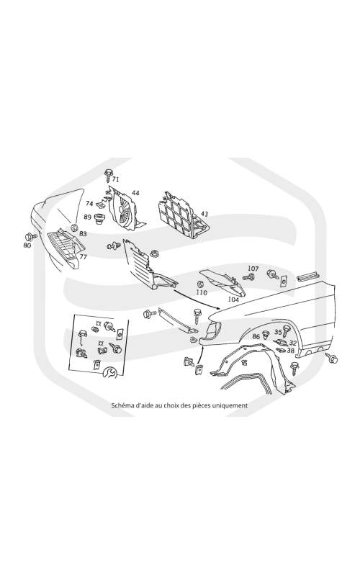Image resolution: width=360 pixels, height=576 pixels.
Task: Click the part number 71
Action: coord(116,179)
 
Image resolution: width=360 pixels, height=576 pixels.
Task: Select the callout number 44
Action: coord(135,193)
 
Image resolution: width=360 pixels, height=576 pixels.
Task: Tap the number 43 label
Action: coord(204,214)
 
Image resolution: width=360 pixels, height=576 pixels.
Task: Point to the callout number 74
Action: coord(89,204)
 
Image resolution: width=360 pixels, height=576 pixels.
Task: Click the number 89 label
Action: coord(87,217)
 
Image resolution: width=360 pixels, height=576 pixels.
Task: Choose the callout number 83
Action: coord(83,233)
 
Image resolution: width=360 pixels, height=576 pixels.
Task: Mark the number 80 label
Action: coord(27,246)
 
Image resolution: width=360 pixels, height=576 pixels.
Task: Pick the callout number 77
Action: coord(84,257)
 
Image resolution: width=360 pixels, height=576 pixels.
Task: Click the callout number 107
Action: coord(253,269)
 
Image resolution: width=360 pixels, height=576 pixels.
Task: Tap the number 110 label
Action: coord(202,293)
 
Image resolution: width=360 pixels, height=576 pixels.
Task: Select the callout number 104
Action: coord(233,300)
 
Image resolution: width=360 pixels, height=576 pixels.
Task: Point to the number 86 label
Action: coord(256,336)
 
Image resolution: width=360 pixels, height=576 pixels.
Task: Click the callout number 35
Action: coord(278,332)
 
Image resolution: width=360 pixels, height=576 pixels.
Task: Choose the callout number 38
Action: coord(291,351)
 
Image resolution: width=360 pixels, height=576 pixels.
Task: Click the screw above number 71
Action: coord(108,175)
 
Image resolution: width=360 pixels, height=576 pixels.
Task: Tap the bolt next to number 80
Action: coord(31,236)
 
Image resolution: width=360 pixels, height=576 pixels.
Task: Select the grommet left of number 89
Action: coord(98,219)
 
